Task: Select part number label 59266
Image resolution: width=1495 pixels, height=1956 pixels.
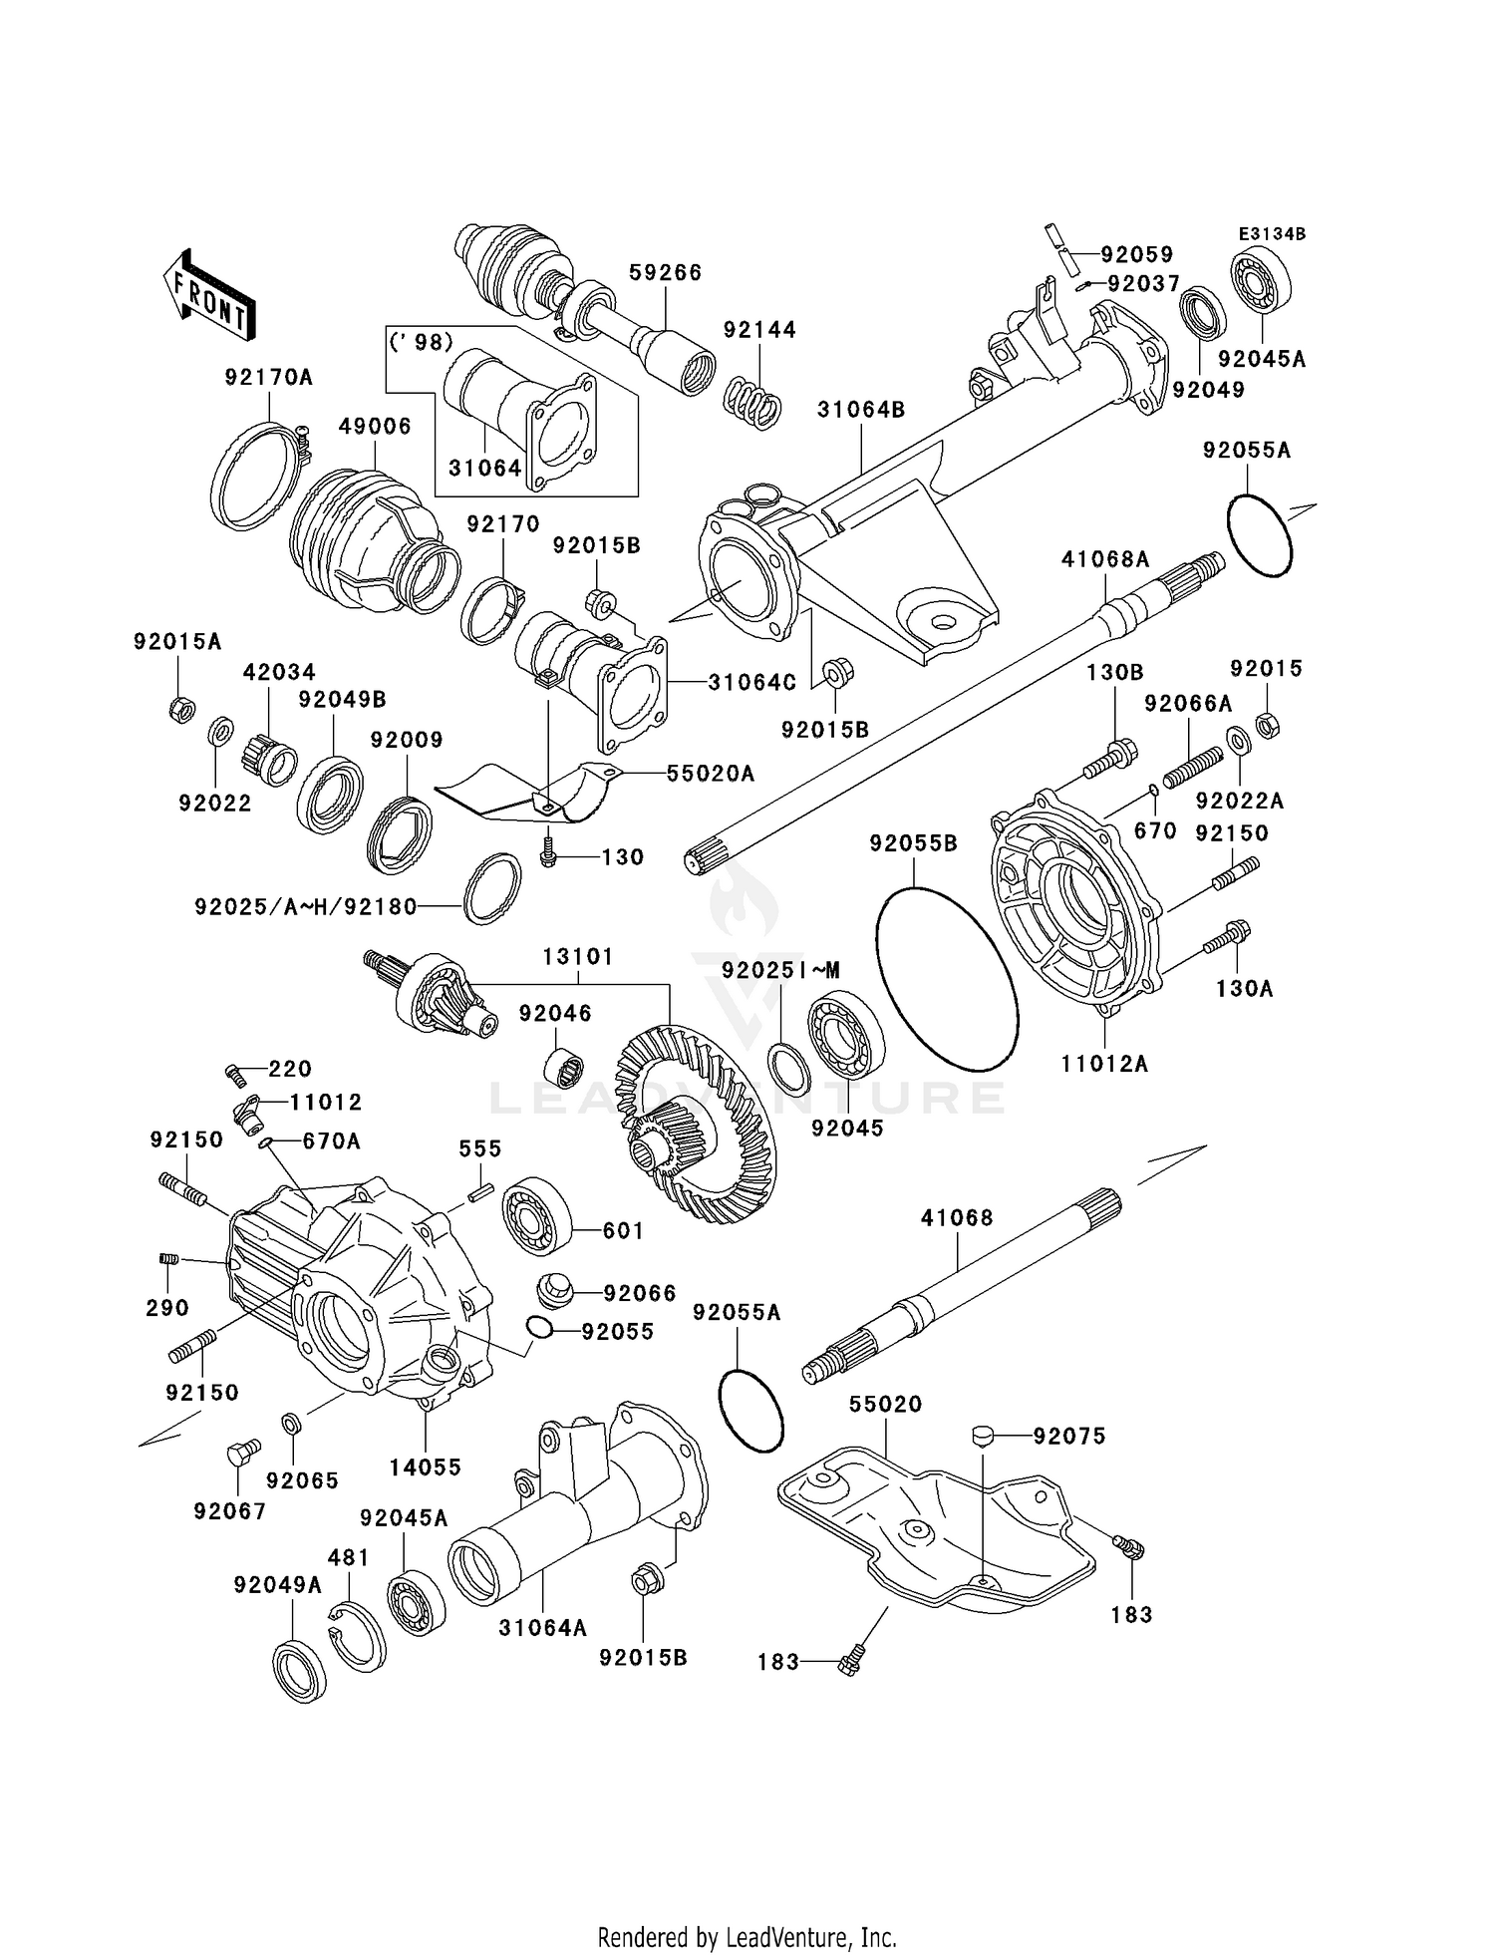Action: (x=665, y=272)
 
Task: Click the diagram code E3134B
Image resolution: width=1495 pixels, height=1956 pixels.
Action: (x=1272, y=234)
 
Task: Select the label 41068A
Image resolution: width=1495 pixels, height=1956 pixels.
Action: (x=1105, y=560)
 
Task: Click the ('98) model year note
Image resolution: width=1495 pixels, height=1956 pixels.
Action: (x=421, y=341)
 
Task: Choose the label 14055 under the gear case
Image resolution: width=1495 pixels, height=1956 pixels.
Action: (x=425, y=1467)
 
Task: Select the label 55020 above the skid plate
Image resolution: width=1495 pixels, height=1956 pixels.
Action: (x=885, y=1404)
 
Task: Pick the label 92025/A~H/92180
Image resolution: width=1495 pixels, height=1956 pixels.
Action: (x=305, y=907)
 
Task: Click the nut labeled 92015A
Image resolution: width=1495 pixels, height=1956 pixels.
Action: (x=180, y=710)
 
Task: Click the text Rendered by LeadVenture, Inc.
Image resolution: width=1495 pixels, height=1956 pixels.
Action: (x=747, y=1937)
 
